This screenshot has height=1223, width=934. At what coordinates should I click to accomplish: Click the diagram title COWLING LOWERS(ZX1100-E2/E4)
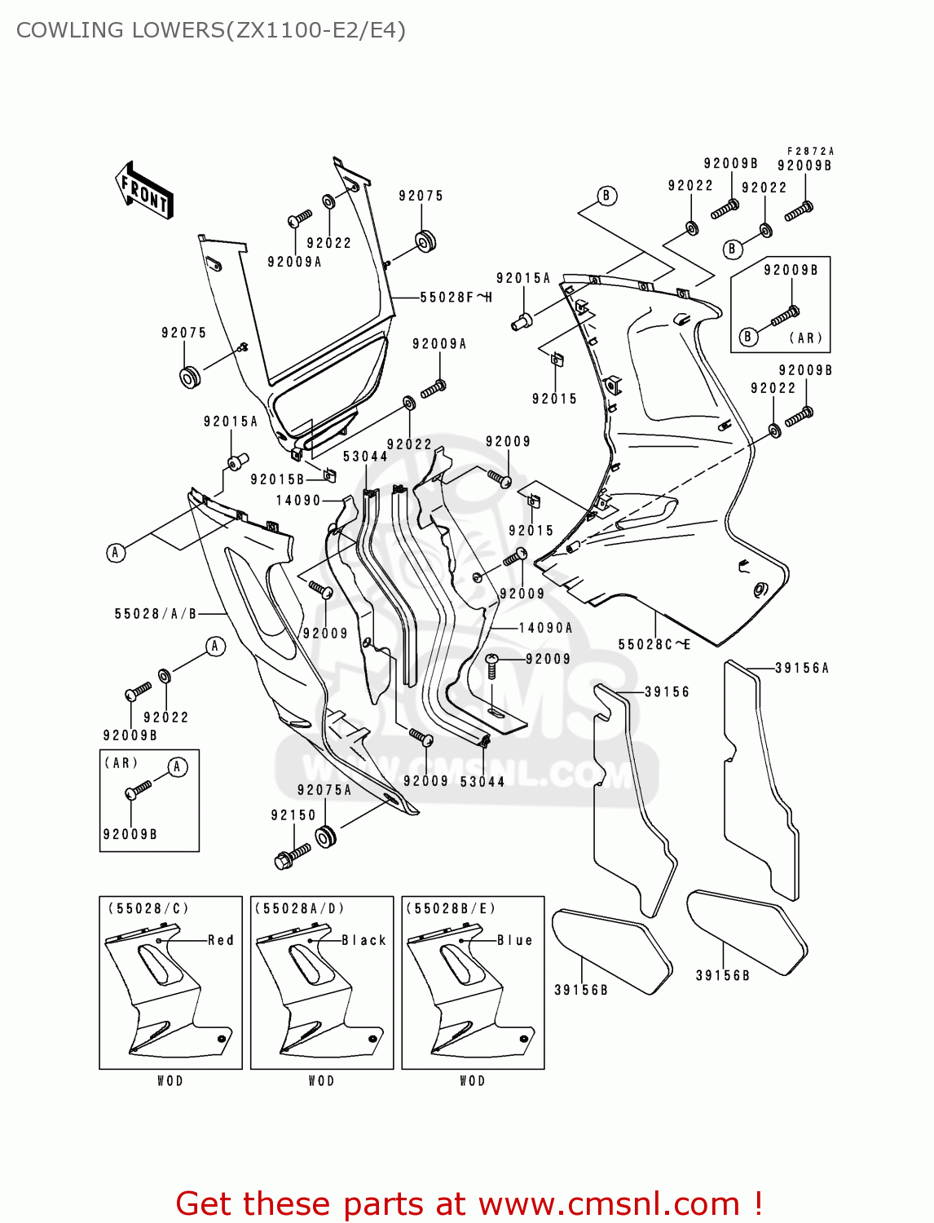pyautogui.click(x=210, y=30)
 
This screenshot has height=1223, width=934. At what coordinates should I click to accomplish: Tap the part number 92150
pyautogui.click(x=293, y=815)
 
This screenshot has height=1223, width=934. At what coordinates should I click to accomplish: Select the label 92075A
pyautogui.click(x=324, y=789)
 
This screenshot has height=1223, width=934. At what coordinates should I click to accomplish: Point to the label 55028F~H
pyautogui.click(x=456, y=298)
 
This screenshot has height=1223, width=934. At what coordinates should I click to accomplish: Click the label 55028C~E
pyautogui.click(x=654, y=644)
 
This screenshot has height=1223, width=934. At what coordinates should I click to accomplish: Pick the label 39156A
pyautogui.click(x=801, y=668)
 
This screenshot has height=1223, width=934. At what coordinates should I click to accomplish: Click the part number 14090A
pyautogui.click(x=545, y=628)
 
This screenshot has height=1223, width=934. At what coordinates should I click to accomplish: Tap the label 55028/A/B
pyautogui.click(x=156, y=613)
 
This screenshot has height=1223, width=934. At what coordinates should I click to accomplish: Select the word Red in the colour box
pyautogui.click(x=221, y=940)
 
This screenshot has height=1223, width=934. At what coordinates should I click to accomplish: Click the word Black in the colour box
pyautogui.click(x=363, y=940)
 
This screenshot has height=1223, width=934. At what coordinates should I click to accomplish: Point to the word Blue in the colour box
pyautogui.click(x=515, y=940)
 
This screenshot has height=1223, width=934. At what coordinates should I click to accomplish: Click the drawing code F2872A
pyautogui.click(x=810, y=151)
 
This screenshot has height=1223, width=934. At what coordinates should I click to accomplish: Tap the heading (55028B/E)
pyautogui.click(x=450, y=908)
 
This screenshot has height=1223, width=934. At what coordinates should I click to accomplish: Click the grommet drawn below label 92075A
pyautogui.click(x=326, y=837)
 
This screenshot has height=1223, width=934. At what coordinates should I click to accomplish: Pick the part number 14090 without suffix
pyautogui.click(x=298, y=500)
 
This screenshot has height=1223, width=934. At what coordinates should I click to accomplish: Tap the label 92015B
pyautogui.click(x=277, y=479)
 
